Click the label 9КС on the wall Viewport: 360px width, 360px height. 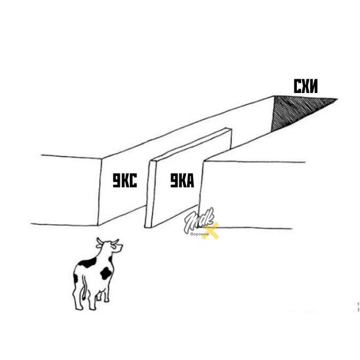tap(125, 181)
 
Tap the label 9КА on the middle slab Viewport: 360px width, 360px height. tap(182, 181)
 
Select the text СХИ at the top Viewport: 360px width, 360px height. tap(306, 86)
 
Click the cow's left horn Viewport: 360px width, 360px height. tap(100, 241)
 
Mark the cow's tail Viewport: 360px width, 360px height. tap(85, 287)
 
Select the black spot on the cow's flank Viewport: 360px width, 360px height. tap(105, 273)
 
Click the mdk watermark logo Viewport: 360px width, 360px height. tap(199, 220)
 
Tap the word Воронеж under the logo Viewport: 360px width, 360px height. tap(200, 234)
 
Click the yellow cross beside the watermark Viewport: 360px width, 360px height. tap(210, 231)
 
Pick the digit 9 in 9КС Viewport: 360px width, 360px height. tap(117, 181)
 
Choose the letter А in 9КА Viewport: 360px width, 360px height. tap(190, 181)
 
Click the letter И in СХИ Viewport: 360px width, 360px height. tap(314, 86)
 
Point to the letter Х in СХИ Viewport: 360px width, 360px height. tap(305, 86)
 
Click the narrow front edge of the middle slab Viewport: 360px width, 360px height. tap(149, 194)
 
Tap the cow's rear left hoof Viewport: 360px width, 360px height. tap(79, 307)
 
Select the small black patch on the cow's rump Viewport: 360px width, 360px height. tap(76, 278)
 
